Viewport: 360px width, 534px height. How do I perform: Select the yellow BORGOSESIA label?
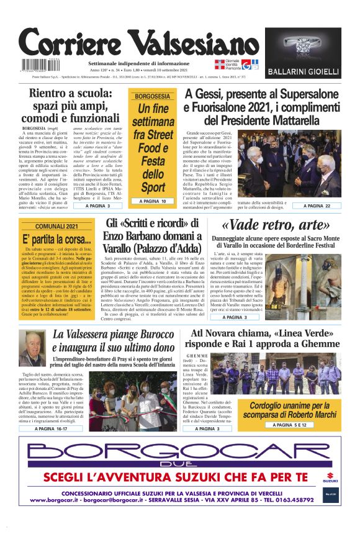tap(152, 96)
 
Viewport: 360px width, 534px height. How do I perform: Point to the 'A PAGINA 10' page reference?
tap(153, 201)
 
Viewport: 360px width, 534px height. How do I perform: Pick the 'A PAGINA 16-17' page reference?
tap(53, 428)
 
